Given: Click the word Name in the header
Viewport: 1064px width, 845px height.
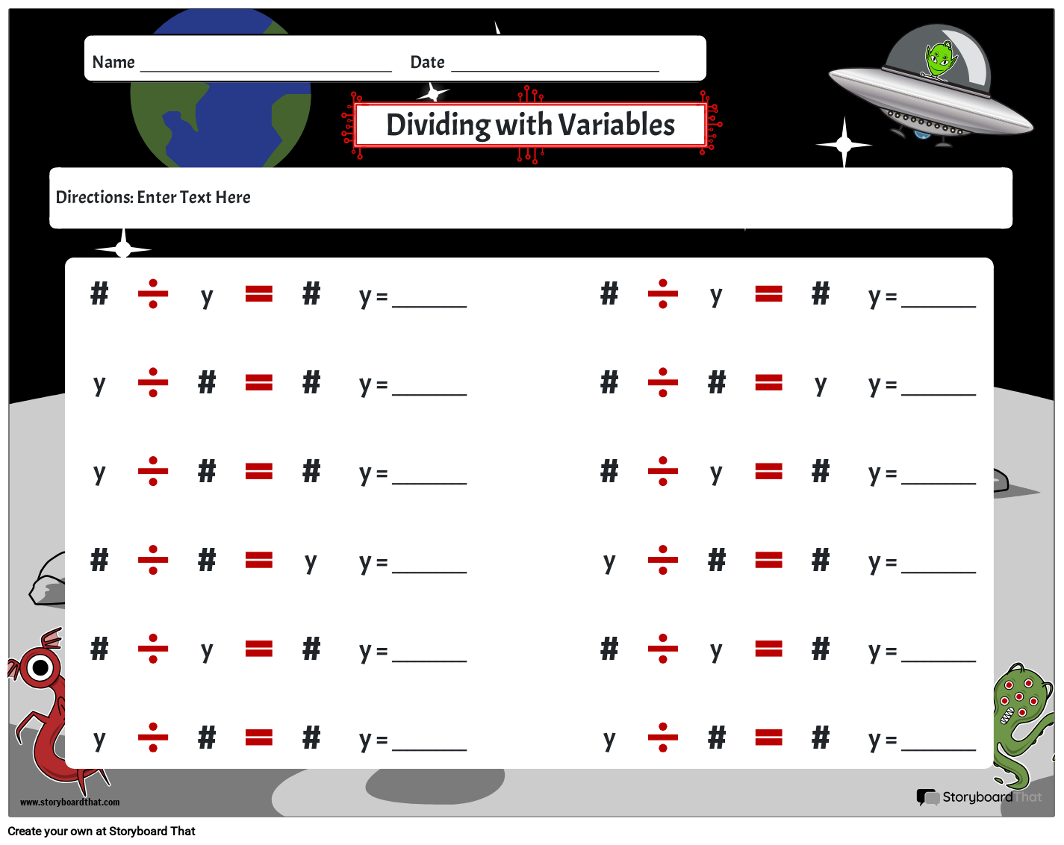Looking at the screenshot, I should click(113, 62).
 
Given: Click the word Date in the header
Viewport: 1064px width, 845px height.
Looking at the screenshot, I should click(427, 62).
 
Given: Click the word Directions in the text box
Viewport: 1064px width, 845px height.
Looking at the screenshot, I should click(94, 197).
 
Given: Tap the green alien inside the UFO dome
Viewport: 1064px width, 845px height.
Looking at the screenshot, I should click(939, 59).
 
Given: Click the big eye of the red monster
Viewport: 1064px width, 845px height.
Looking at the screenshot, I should click(40, 667).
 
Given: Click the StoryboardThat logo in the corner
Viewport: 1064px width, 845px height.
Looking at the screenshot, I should click(978, 797).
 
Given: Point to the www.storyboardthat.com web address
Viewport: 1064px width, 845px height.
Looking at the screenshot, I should click(69, 802).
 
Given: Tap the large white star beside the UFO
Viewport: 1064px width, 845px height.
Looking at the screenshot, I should click(844, 144).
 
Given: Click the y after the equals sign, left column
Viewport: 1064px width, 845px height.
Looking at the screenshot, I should click(311, 562).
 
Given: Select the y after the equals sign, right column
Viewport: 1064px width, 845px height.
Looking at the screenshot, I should click(821, 384).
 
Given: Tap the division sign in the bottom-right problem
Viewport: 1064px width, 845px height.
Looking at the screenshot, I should click(662, 738).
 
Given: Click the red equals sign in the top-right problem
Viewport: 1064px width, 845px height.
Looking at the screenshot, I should click(768, 294).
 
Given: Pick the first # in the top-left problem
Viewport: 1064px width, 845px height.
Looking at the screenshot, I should click(99, 294).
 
